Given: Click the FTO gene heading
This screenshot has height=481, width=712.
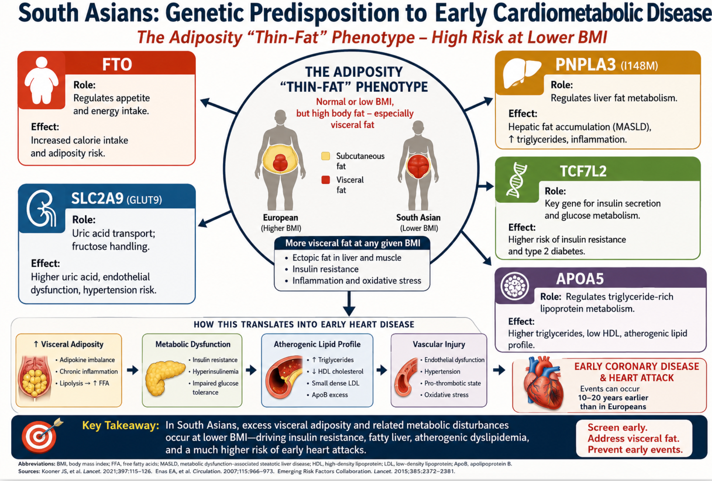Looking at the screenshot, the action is (x=117, y=65).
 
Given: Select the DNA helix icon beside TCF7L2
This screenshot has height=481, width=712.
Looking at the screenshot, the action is (x=516, y=180).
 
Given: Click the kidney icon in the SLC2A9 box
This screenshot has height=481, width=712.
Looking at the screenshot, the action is (x=42, y=209).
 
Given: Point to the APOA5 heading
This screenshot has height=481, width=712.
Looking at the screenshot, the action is (x=580, y=279).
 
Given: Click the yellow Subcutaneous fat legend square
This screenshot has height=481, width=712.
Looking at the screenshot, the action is (x=325, y=156).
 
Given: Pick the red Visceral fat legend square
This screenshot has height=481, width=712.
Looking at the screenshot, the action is (x=325, y=180).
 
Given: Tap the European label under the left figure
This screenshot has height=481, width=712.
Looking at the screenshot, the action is (x=280, y=218).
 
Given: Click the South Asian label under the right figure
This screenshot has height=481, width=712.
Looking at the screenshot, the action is (x=418, y=218).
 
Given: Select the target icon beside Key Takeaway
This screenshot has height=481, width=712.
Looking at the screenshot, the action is (x=40, y=435).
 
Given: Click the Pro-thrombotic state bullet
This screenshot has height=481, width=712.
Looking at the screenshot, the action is (x=450, y=383).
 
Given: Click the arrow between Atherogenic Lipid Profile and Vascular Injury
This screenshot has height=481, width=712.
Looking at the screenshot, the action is (x=381, y=370).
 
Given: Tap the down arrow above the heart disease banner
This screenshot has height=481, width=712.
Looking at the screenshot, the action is (x=349, y=304).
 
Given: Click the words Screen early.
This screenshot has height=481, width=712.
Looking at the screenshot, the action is (x=617, y=428).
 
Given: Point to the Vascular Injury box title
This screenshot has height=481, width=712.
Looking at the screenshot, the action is (x=439, y=344).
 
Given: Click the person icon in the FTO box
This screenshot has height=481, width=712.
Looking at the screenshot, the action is (x=42, y=80).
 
